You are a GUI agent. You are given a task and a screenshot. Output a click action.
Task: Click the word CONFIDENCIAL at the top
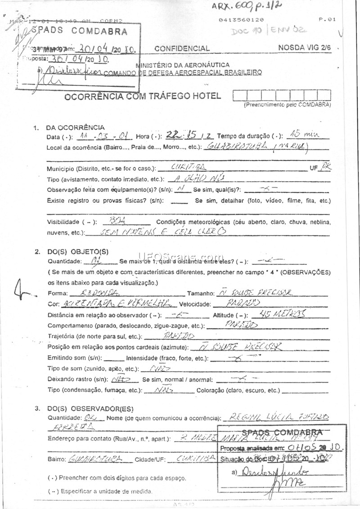click(182, 49)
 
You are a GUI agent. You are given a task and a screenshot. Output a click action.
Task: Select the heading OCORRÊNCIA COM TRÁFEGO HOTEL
click(143, 96)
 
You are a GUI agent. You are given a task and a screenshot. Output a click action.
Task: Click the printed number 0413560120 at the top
click(241, 20)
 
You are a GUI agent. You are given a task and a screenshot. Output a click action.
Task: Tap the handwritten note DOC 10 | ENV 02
click(269, 31)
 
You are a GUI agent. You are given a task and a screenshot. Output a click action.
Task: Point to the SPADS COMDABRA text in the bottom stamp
click(279, 432)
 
